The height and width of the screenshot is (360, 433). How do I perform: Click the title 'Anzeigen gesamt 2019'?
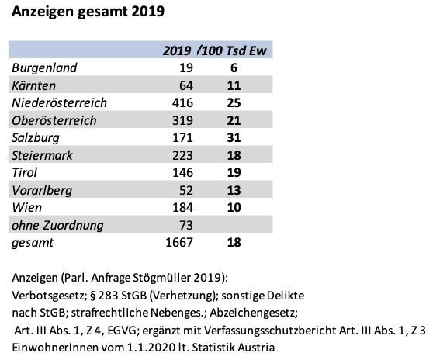[88, 12]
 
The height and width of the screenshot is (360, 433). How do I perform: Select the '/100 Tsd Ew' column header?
[232, 50]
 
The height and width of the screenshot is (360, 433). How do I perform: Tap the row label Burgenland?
[44, 68]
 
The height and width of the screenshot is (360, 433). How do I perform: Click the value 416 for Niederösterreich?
[182, 102]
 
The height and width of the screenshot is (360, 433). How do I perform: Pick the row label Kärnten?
[33, 85]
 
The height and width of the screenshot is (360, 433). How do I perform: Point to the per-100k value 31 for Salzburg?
[234, 137]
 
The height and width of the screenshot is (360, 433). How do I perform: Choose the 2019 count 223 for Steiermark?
[182, 155]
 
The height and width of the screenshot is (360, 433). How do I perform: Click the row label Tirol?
[24, 172]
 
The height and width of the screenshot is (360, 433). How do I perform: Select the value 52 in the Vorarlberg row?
[186, 190]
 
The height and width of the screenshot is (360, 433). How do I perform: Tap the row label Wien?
[27, 208]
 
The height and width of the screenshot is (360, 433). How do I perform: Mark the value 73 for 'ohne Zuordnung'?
[186, 225]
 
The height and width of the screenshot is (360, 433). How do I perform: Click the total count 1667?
[179, 242]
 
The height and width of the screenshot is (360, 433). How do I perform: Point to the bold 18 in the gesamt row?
[234, 242]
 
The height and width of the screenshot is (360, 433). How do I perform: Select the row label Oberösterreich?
[54, 120]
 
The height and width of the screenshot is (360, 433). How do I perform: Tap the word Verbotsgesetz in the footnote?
[50, 296]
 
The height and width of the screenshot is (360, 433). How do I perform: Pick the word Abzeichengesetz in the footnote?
[254, 313]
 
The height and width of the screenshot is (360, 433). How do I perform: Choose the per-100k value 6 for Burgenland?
[234, 68]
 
